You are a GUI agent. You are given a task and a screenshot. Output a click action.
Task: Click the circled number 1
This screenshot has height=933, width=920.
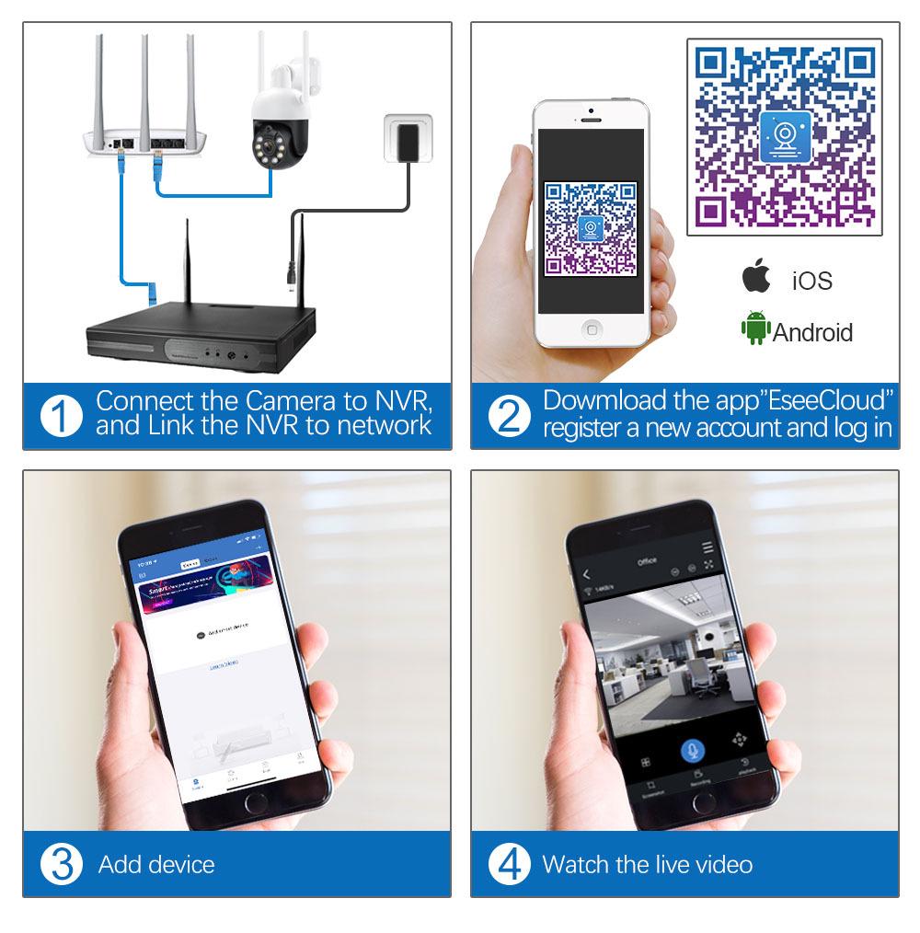click(x=61, y=416)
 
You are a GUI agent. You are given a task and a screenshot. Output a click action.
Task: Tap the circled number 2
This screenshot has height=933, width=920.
click(x=509, y=416)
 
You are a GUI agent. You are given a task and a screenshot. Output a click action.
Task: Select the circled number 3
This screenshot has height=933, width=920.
click(x=61, y=865)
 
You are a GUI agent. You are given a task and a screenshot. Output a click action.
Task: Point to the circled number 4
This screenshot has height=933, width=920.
click(x=509, y=865)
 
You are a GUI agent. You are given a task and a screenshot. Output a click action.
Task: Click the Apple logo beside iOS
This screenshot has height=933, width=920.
click(x=756, y=277)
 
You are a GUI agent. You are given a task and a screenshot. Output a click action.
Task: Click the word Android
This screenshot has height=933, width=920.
click(x=812, y=332)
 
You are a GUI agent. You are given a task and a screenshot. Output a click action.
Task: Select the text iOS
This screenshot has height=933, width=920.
click(x=811, y=280)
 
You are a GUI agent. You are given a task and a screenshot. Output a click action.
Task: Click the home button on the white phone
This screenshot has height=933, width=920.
click(x=592, y=328)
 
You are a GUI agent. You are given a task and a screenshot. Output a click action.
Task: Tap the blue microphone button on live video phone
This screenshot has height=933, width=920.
click(x=691, y=749)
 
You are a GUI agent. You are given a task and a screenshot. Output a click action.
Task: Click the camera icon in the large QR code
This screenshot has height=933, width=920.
click(x=785, y=136)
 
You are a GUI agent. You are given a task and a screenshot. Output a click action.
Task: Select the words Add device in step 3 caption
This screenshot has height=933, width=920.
click(x=156, y=865)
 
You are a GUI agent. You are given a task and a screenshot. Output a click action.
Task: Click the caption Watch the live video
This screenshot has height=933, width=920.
click(x=647, y=865)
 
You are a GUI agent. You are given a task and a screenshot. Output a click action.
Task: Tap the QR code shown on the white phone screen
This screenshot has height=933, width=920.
click(x=591, y=228)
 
